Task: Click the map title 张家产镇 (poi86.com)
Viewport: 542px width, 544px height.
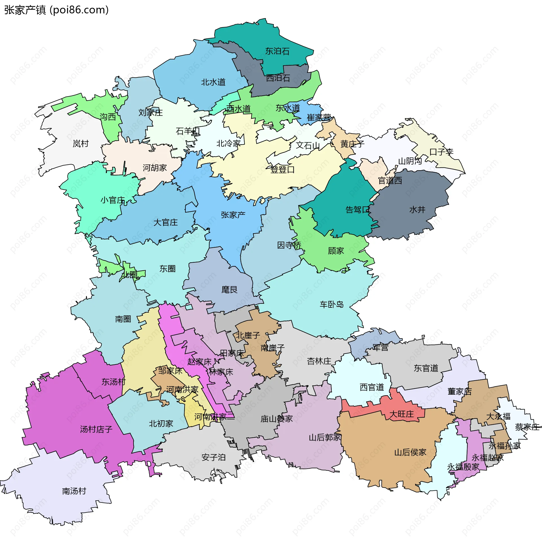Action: [x=56, y=10]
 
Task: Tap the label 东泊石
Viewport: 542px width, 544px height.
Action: [x=277, y=51]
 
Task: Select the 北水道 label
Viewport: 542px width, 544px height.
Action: [x=213, y=82]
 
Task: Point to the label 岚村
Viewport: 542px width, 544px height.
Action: [x=81, y=144]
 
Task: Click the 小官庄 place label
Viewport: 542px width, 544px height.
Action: [x=113, y=200]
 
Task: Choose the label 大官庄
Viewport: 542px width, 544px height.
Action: [x=165, y=222]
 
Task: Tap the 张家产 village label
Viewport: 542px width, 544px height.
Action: [x=233, y=215]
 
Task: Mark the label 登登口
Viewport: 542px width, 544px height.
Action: [x=282, y=169]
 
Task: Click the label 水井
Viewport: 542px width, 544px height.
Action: [x=417, y=209]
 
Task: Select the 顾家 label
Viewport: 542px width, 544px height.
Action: [x=336, y=251]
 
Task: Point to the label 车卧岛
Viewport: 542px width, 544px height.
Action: [x=331, y=304]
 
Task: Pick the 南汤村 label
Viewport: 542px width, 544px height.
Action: [x=74, y=491]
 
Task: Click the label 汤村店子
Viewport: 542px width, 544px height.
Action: [x=96, y=429]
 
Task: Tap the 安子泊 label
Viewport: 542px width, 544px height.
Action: [x=213, y=457]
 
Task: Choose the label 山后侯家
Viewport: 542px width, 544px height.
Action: [x=410, y=452]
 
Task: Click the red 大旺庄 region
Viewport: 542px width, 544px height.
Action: [x=401, y=414]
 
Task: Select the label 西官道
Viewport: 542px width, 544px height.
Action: [x=372, y=387]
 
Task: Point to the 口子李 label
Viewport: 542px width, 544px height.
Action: [x=441, y=152]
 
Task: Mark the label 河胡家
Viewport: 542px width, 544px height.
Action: [x=154, y=168]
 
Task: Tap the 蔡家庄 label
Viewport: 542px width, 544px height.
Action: [x=527, y=427]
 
